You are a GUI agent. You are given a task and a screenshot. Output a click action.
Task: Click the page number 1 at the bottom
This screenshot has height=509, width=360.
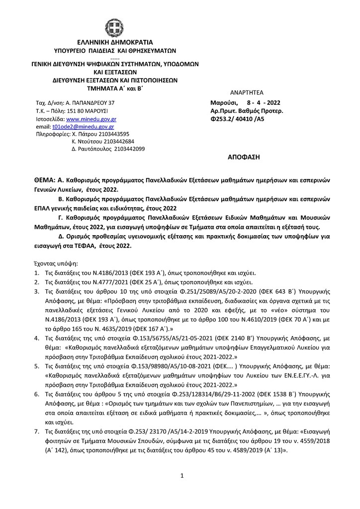click(x=182, y=476)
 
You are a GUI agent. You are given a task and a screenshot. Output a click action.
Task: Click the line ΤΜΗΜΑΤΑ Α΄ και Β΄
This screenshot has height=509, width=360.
click(x=114, y=87)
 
